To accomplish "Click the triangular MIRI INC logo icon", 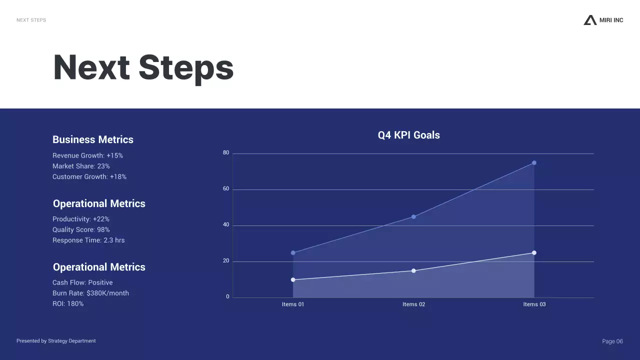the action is [590, 20].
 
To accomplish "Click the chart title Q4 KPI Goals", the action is [408, 135].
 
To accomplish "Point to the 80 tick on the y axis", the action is [226, 152].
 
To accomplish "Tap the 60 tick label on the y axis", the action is [226, 188].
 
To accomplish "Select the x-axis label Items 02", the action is [413, 304].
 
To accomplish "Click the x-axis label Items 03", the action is [534, 304].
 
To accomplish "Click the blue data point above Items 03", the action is [534, 163].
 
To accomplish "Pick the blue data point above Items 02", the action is [413, 217].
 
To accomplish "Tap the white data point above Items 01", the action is [293, 279].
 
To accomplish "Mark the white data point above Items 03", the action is [534, 253].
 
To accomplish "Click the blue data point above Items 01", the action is [293, 253].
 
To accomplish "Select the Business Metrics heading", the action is [93, 139].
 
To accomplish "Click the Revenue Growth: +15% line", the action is [87, 155].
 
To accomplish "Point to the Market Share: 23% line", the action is [81, 166].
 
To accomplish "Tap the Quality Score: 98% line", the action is [81, 229].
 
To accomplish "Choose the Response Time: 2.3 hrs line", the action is [88, 240].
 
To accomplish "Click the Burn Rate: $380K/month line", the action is [90, 293].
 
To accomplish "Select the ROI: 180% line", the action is [68, 303].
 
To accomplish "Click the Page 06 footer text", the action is [612, 341].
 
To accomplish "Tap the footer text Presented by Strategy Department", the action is [56, 341].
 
